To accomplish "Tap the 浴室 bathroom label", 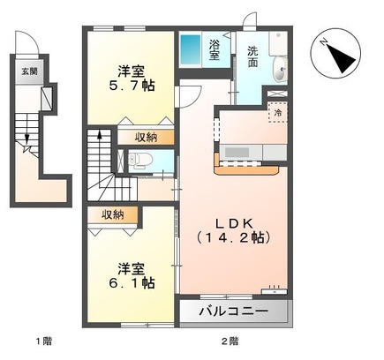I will (215, 49).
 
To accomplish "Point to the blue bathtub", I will (191, 49).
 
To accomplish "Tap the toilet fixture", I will (142, 161).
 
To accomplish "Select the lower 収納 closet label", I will (112, 214).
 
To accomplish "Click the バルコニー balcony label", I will (233, 312).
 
